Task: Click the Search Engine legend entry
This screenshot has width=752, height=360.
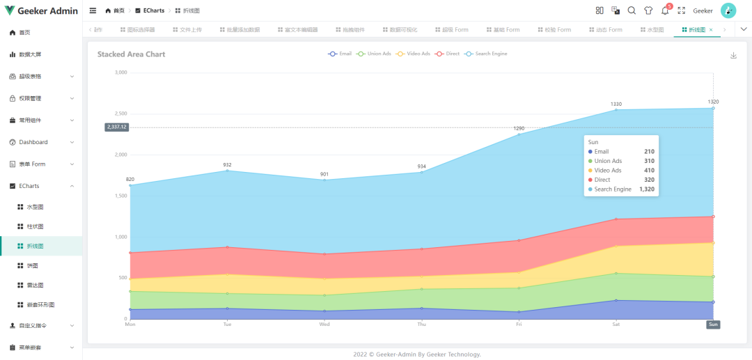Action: point(490,54)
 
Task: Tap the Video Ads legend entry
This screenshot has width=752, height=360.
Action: point(418,54)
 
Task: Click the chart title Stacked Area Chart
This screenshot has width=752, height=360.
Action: point(132,54)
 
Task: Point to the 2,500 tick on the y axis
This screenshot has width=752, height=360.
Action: point(120,114)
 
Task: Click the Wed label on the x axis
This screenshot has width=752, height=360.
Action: point(324,324)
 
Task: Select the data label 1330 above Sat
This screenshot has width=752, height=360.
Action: point(616,104)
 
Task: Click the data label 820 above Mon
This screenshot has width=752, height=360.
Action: point(130,180)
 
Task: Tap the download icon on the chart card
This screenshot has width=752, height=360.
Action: point(733,56)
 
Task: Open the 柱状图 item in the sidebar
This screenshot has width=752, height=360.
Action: point(35,226)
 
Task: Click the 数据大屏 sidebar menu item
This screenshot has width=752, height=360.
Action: point(30,54)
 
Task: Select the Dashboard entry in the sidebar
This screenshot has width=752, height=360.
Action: point(33,142)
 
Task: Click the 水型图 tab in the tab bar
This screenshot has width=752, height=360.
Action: point(655,30)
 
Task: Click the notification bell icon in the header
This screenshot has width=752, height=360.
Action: point(665,11)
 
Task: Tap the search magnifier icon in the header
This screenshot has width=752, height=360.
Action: point(632,10)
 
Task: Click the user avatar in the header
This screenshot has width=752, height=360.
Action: point(728,10)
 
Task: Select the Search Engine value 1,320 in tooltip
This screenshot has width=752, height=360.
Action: point(647,189)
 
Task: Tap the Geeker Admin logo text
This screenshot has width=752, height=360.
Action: point(47,11)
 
